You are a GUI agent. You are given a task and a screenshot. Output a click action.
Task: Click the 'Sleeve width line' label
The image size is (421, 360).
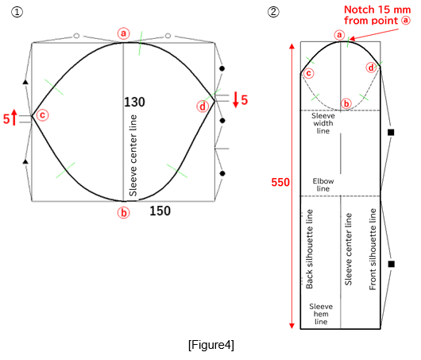coord(323,122)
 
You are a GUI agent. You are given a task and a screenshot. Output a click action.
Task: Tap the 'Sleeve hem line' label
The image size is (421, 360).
coord(321,313)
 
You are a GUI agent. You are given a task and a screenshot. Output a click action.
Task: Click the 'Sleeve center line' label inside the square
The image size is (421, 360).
coord(133,155)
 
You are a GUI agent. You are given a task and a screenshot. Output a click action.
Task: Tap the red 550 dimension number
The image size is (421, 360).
coord(280,182)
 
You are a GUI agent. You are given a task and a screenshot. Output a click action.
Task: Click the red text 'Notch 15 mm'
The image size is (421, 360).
coord(371,10)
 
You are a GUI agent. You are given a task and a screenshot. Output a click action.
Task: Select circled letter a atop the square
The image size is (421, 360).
coord(122,33)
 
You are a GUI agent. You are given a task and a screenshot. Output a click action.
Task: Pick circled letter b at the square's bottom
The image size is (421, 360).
coord(123,212)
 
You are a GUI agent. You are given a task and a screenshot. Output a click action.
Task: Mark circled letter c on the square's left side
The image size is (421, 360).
coord(42,115)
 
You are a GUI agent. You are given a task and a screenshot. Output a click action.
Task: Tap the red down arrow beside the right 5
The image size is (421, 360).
coord(236,100)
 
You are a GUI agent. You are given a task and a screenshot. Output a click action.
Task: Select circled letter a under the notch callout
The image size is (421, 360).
coord(338,35)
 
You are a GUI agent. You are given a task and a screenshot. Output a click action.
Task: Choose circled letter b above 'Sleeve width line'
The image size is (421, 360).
coord(346,103)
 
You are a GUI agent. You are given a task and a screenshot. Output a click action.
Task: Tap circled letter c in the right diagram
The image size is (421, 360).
coord(308,74)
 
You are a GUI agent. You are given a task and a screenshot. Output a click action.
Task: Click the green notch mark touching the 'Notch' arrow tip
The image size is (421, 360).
coord(347,41)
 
